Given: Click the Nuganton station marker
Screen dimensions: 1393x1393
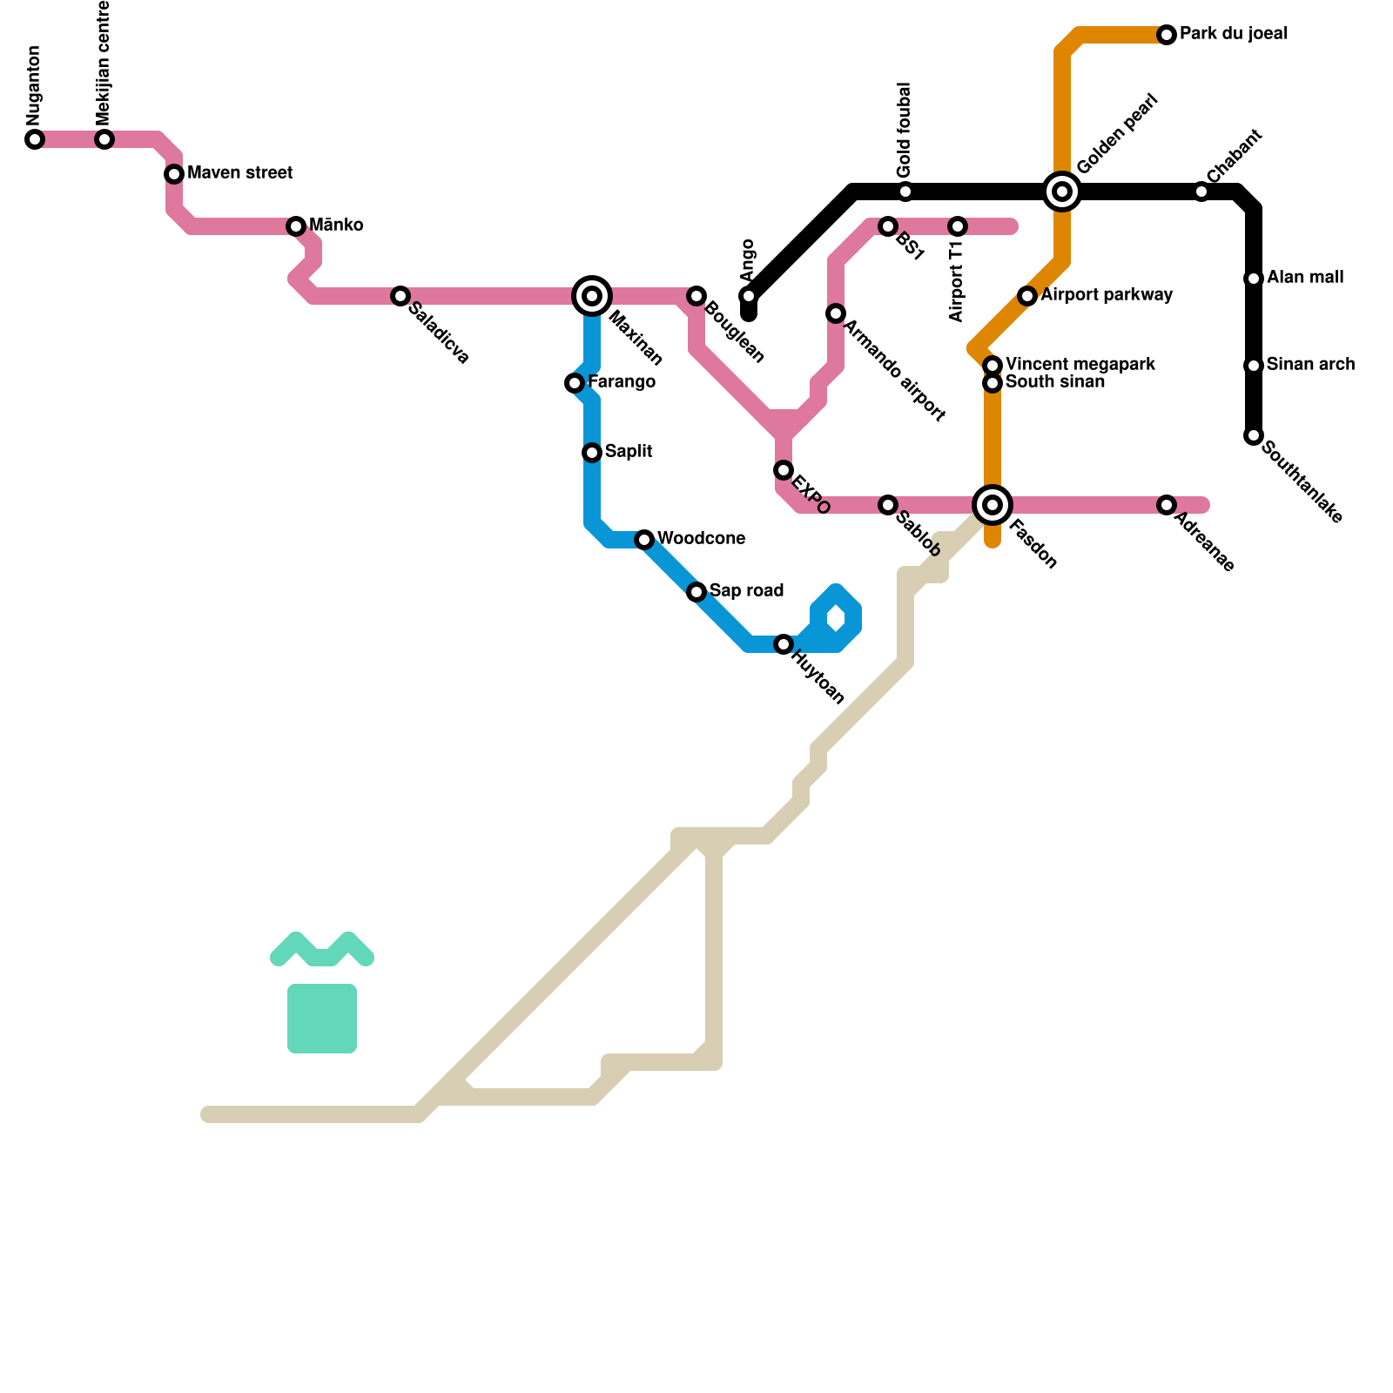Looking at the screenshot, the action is click(x=35, y=139).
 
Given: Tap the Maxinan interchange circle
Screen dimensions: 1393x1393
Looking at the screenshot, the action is click(x=592, y=296).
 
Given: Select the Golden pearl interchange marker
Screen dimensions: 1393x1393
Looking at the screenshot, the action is click(x=1062, y=192).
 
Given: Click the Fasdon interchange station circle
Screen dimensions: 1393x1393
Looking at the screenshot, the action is click(x=993, y=505).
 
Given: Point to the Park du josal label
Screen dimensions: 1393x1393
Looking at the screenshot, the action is click(x=1234, y=35).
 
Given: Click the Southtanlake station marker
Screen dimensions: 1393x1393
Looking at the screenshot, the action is click(x=1254, y=435).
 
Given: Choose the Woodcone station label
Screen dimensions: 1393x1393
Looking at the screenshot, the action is click(x=701, y=539).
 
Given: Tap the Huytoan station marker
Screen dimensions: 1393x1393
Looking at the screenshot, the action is click(x=784, y=644).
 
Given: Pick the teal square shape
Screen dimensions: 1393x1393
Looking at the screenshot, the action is click(x=322, y=1019).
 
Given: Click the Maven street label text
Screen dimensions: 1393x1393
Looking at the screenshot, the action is click(x=239, y=173).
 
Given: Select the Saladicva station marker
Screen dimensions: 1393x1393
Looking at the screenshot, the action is click(x=400, y=296).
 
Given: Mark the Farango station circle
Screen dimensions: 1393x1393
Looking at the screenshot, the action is click(x=575, y=383).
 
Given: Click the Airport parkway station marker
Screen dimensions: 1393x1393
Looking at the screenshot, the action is click(x=1027, y=296).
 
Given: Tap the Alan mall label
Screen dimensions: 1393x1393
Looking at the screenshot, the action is click(x=1305, y=278).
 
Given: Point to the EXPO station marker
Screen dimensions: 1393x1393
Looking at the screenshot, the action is click(x=784, y=470).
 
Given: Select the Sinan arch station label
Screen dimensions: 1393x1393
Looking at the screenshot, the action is click(x=1310, y=365).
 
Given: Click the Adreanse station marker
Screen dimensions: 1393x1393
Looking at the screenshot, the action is click(x=1167, y=505).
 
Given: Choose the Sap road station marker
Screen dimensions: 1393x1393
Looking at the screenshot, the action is click(x=696, y=592).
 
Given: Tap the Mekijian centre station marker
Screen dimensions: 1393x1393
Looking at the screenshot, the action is click(x=104, y=139).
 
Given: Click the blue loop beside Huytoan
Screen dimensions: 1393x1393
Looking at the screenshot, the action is click(x=837, y=619).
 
